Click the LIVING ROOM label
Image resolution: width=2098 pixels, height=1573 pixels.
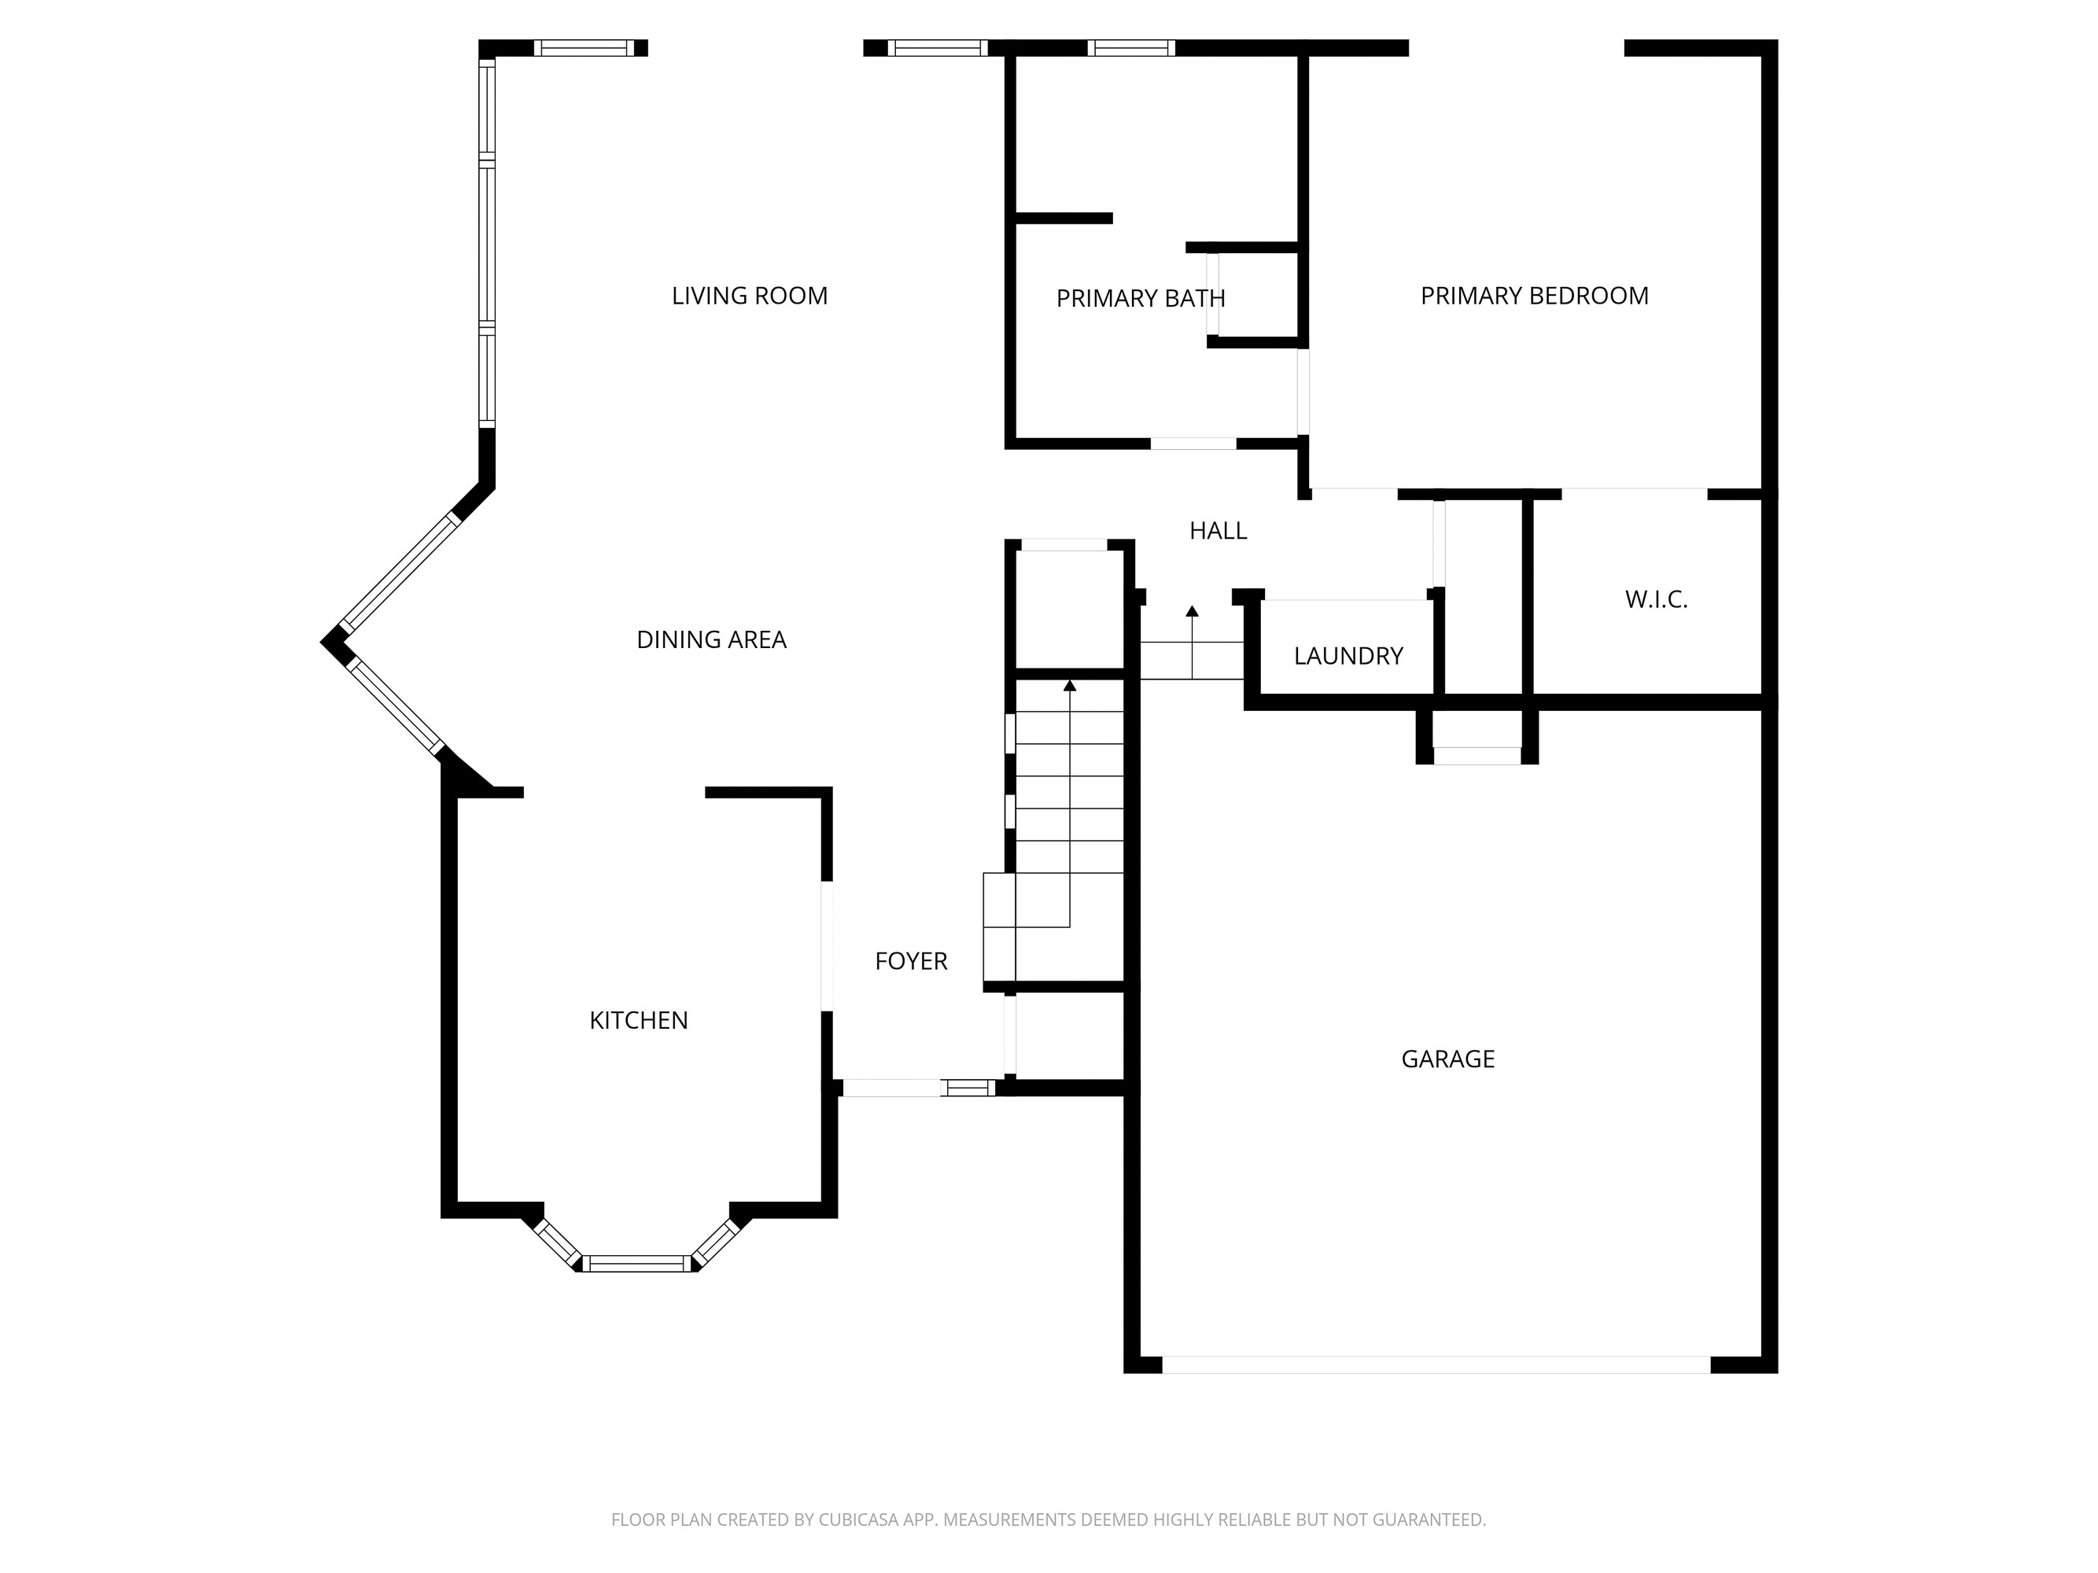coord(749,296)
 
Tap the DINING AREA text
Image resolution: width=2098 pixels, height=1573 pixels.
coord(711,640)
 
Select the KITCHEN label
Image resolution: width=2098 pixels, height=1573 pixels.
coord(638,1020)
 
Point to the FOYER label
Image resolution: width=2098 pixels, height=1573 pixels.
coord(910,961)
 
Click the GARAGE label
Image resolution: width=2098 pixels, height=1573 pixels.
coord(1447,1059)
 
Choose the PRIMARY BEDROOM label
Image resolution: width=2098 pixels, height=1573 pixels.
coord(1534,296)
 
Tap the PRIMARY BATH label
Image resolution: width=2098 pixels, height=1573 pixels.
coord(1140,299)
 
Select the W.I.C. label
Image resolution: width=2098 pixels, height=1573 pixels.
coord(1656,599)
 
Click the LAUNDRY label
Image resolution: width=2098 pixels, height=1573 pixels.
coord(1348,656)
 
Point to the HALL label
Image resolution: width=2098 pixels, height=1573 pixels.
coord(1218,531)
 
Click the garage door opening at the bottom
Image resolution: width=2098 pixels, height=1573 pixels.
coord(1436,1365)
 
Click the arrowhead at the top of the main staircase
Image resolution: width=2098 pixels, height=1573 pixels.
coord(1070,684)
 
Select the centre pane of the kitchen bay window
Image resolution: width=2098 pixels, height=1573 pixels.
coord(637,1263)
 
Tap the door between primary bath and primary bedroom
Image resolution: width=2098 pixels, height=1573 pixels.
coord(1303,392)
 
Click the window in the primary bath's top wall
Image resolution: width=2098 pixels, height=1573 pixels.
coord(1130,48)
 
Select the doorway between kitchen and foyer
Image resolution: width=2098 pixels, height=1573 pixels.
coord(827,945)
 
